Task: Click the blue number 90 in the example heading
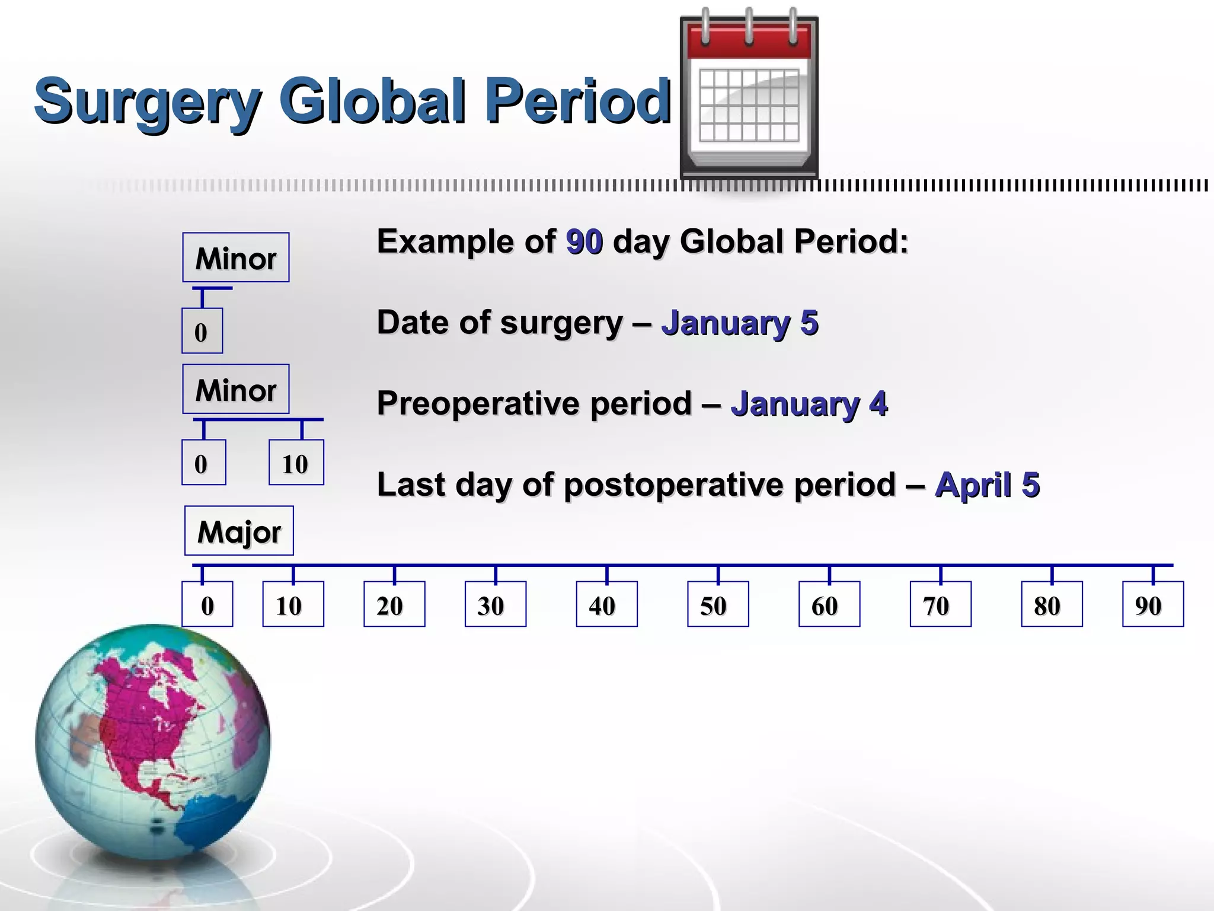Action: (584, 242)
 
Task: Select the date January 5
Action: (740, 323)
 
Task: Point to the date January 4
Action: (809, 404)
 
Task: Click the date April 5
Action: (987, 485)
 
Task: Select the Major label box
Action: (239, 531)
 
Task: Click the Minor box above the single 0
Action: (236, 257)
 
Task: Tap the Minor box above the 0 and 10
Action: (236, 389)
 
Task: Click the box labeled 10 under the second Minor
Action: (296, 463)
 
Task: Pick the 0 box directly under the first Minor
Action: (202, 331)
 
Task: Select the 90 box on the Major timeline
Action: (1152, 604)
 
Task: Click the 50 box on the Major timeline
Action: (718, 604)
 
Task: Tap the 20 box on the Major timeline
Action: (394, 604)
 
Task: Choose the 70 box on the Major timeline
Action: (940, 604)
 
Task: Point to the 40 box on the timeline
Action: (606, 604)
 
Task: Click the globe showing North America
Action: (152, 741)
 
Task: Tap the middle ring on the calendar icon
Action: (749, 27)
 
